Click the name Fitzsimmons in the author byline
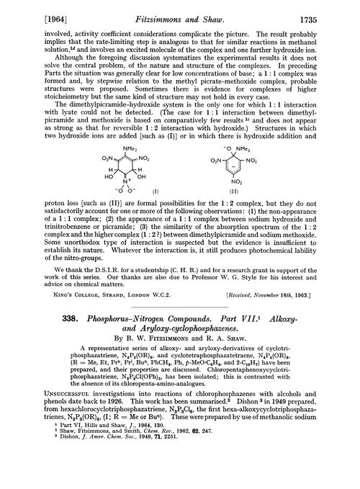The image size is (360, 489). tap(163, 354)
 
